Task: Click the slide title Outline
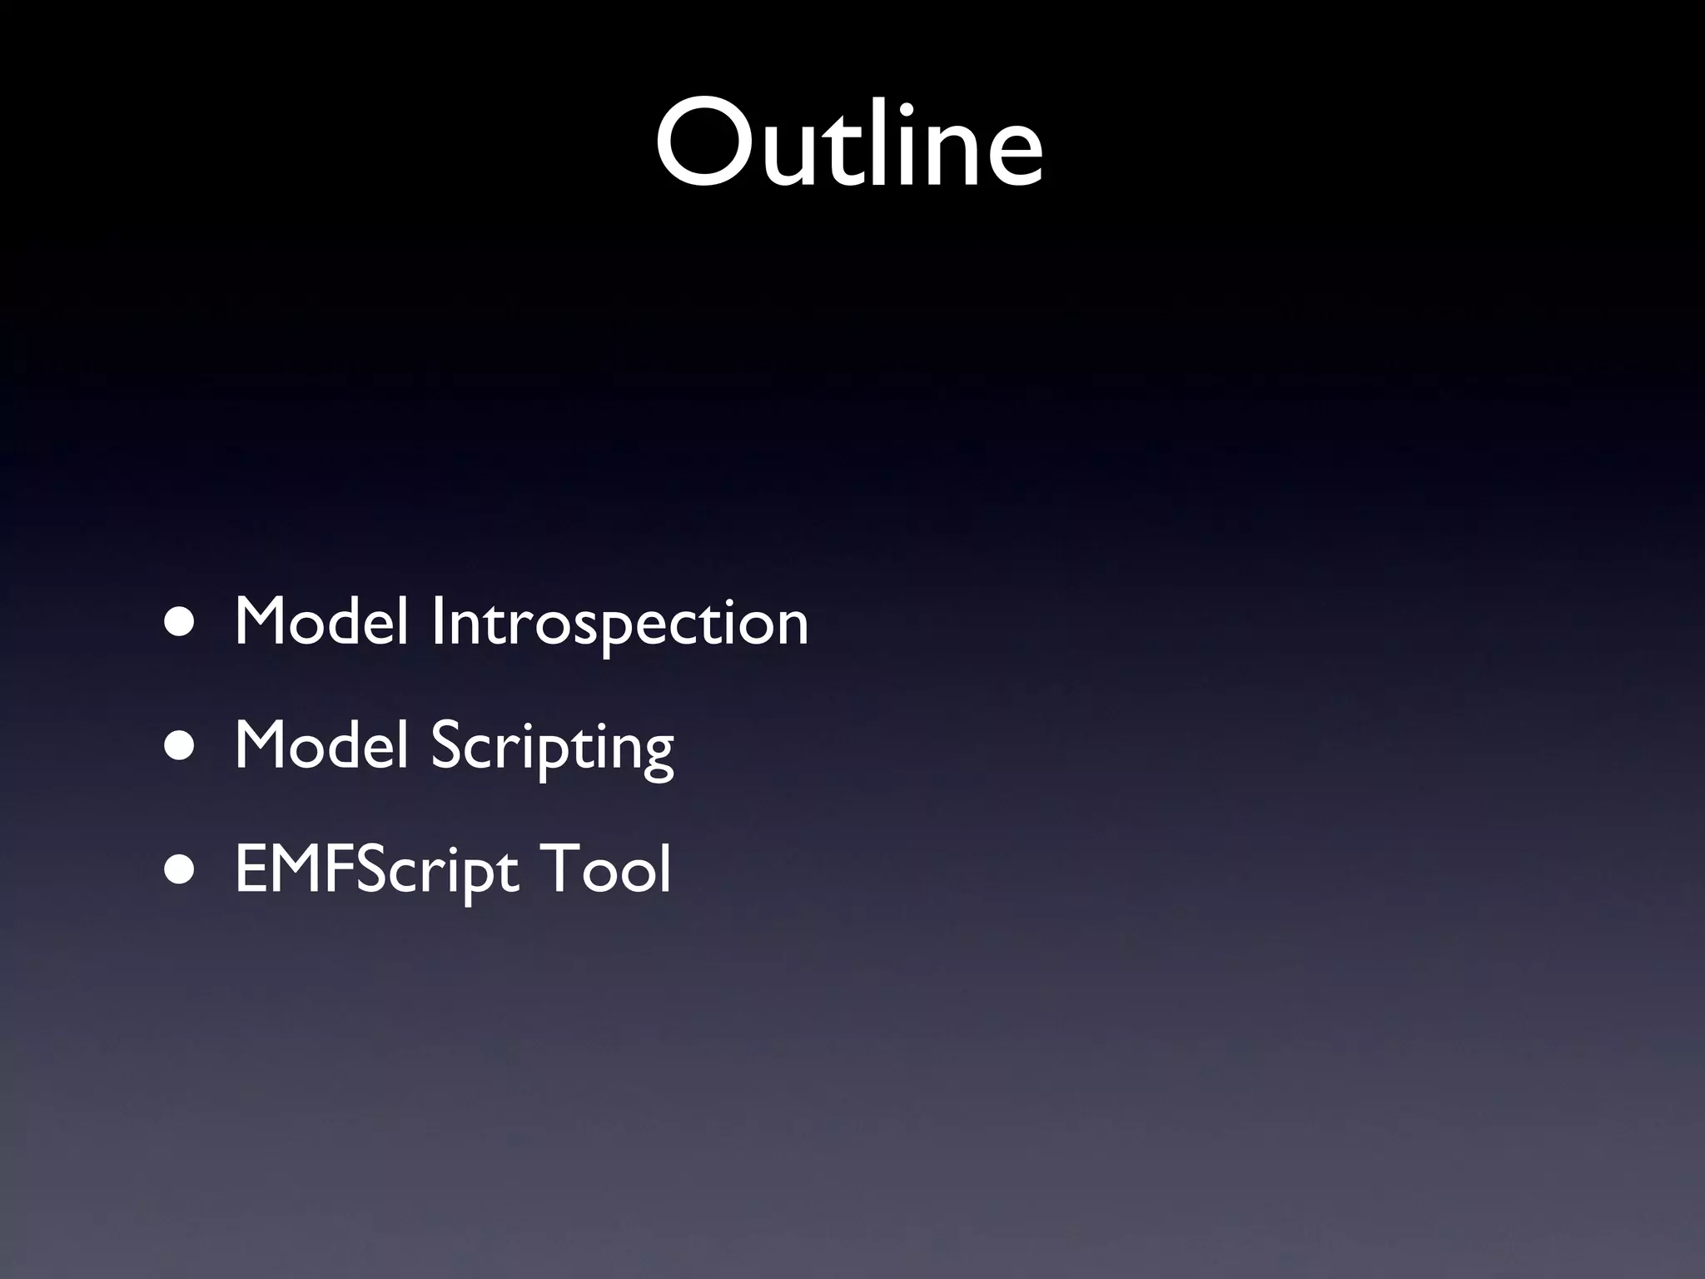point(849,143)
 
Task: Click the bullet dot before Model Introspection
point(180,623)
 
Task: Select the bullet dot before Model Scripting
point(180,746)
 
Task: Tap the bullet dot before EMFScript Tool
point(180,870)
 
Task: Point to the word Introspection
point(619,623)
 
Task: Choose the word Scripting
point(552,746)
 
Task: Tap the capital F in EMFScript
point(339,868)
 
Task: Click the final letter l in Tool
point(664,866)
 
